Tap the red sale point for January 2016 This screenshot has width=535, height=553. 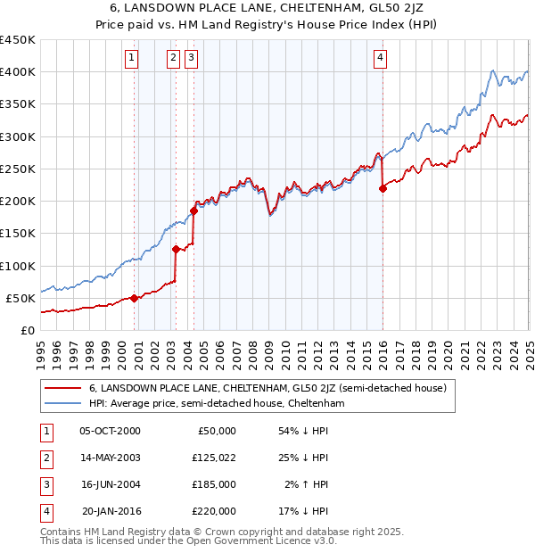click(x=383, y=188)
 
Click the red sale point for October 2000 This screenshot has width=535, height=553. click(x=135, y=298)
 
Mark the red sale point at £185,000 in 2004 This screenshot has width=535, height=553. click(x=193, y=210)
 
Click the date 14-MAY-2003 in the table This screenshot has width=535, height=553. click(x=111, y=458)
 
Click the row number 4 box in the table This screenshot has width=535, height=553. click(x=45, y=511)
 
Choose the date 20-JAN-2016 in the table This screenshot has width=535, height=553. click(x=111, y=511)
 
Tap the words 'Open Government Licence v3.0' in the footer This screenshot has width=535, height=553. click(x=267, y=541)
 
